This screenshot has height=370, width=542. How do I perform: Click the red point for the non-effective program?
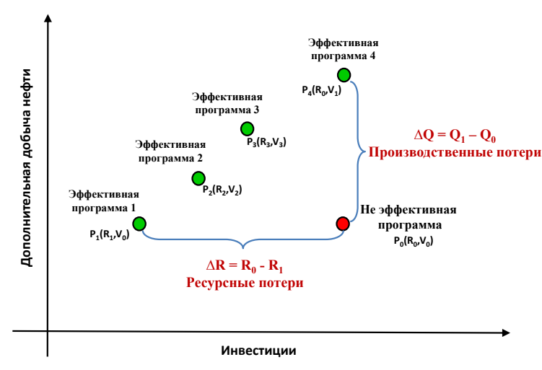(343, 224)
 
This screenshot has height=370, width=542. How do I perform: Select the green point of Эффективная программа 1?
(140, 224)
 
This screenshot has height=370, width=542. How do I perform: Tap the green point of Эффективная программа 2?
(198, 177)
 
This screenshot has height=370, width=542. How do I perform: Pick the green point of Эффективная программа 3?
(247, 128)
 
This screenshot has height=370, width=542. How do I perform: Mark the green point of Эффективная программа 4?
(344, 74)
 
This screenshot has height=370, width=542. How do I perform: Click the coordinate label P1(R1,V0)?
(109, 234)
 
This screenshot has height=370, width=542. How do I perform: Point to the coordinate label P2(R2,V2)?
(222, 190)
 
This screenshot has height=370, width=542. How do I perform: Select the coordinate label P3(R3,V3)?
(266, 141)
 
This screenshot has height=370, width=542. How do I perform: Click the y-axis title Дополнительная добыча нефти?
(26, 167)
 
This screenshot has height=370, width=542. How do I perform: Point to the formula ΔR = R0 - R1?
(243, 265)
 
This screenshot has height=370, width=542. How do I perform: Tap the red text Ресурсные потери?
(245, 282)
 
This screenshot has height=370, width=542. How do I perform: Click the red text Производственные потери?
(454, 152)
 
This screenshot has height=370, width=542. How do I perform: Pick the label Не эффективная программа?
(408, 217)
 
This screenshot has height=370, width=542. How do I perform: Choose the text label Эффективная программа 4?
(343, 50)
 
